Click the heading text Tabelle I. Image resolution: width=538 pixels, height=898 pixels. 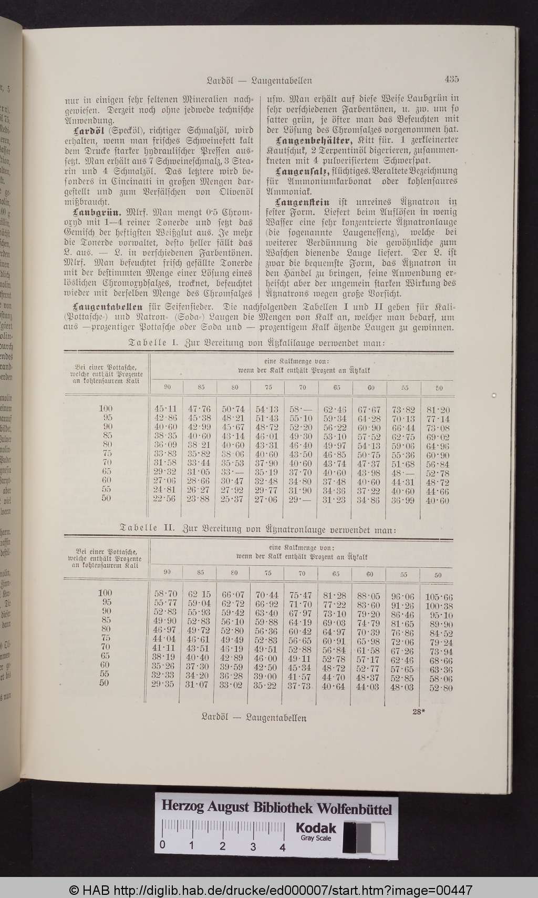[x=152, y=342]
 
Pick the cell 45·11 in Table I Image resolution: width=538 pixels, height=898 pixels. [x=166, y=409]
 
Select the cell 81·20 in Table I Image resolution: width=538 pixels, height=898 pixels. [x=438, y=410]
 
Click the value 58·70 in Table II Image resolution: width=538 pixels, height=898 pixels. [x=166, y=594]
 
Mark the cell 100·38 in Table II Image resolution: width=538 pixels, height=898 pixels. [x=438, y=606]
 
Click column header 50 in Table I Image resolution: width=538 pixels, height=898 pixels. [x=439, y=388]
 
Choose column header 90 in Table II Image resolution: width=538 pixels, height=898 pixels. [x=167, y=573]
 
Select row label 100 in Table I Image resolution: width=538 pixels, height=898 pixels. [x=106, y=408]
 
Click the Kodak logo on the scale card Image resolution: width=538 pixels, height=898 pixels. [x=315, y=828]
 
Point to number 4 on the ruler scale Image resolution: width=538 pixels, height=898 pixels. [x=283, y=847]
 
